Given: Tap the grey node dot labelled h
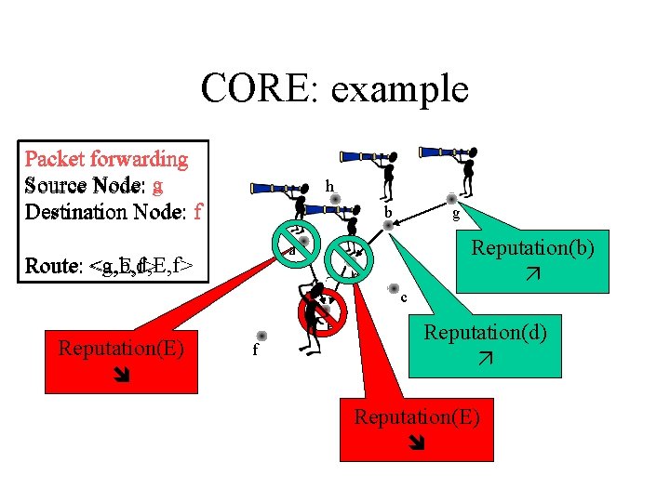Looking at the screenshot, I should coord(335,199).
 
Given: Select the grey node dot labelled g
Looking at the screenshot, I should coord(451,199).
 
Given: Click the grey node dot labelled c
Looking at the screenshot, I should coord(394,288).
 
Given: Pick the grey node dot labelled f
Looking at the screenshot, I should coord(262,336).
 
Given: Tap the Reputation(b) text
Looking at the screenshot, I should coord(532,248).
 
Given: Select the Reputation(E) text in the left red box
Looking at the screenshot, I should coord(121,349).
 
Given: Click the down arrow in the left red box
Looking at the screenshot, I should coord(121,376).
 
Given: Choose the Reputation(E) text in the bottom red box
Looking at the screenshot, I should coord(416,416).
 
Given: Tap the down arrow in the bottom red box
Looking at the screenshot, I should coord(416,444).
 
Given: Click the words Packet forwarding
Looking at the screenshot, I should coord(106,159).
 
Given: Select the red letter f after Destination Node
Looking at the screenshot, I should coord(197,211).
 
